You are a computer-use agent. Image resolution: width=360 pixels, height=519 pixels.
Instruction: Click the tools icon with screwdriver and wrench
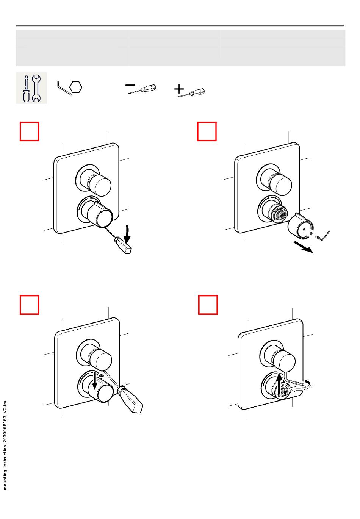tap(31, 88)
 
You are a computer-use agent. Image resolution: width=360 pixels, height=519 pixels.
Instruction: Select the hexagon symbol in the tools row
tap(76, 88)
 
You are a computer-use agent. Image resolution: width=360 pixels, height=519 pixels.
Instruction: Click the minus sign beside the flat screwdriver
tap(130, 85)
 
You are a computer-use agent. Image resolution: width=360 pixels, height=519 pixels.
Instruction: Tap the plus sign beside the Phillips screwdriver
tap(179, 89)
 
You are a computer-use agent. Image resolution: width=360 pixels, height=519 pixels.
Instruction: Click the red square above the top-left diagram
tap(30, 131)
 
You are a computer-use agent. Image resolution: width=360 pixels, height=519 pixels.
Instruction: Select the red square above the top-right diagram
tap(207, 131)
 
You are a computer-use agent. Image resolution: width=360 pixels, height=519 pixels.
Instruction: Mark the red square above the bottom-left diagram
tap(30, 305)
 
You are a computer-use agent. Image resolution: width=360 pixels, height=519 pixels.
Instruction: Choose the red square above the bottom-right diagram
tap(208, 305)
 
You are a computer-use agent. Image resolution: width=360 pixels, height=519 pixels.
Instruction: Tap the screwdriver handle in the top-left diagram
tap(123, 245)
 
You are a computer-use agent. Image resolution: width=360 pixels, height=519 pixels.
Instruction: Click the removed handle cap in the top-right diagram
tap(301, 225)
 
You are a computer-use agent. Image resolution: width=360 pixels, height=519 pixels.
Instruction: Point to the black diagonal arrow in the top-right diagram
tap(303, 247)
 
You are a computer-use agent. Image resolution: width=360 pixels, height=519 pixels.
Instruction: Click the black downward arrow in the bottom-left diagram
tap(95, 381)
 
